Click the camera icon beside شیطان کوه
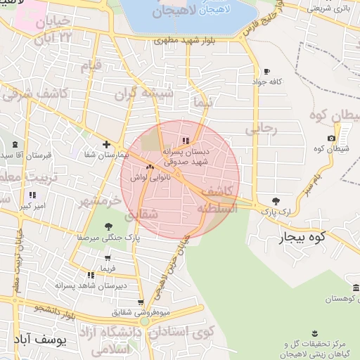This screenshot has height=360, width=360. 332,138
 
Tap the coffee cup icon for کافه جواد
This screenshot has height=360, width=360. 266,72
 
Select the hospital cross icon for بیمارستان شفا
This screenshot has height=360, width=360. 105,144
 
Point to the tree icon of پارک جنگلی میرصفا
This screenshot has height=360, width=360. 108,226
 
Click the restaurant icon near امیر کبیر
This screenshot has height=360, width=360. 32,195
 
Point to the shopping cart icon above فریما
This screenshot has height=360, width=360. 107,259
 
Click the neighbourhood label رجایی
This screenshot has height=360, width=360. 261,129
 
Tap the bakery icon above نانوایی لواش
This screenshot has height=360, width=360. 149,167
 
